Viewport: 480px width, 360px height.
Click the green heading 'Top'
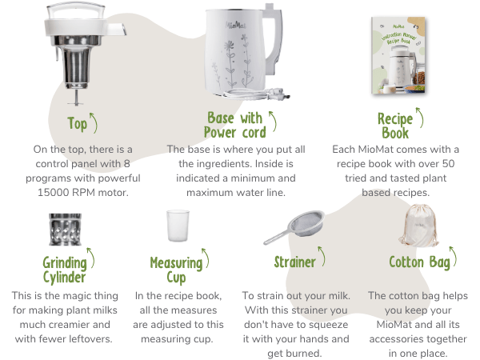[x=77, y=124]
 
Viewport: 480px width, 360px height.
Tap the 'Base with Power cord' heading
[x=235, y=126]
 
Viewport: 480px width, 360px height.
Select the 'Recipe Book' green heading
[x=395, y=126]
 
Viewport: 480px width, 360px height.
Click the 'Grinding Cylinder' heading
[x=65, y=270]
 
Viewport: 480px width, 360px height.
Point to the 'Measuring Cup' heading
[x=176, y=270]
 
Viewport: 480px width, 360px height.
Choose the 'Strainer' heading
[x=294, y=262]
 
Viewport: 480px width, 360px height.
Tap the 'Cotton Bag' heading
[x=420, y=262]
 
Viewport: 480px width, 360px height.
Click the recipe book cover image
[x=398, y=55]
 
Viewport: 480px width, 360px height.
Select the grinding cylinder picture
[x=66, y=230]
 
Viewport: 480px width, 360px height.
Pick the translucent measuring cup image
[x=178, y=226]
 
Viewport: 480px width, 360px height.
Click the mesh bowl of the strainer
[x=307, y=222]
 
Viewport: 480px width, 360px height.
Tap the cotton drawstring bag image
[x=419, y=226]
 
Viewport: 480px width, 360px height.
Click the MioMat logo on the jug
[x=236, y=25]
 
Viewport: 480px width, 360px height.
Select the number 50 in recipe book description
[x=449, y=164]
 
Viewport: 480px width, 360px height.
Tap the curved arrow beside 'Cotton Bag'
[x=454, y=257]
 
